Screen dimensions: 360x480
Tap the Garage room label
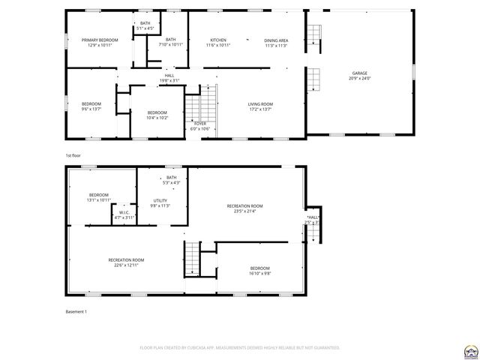click(359, 76)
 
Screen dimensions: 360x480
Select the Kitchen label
click(217, 42)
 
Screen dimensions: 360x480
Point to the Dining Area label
click(276, 42)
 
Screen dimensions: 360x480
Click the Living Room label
click(260, 106)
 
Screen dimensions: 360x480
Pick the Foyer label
click(200, 125)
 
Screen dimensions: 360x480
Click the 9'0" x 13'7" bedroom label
click(91, 106)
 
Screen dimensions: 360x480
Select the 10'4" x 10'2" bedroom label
click(157, 115)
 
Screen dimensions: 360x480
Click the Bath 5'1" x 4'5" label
click(145, 26)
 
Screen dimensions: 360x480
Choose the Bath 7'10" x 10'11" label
click(171, 42)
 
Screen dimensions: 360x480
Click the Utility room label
click(160, 202)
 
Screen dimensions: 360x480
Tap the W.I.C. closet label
click(124, 214)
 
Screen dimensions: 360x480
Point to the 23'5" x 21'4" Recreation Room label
click(245, 208)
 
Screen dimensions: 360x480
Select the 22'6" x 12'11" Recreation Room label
click(125, 262)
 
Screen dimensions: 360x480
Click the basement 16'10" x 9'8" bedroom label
click(260, 271)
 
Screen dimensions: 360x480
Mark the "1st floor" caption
click(72, 154)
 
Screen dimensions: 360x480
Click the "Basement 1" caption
click(76, 312)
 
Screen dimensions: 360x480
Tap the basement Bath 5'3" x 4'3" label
click(171, 180)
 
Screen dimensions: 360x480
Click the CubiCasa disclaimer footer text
click(240, 348)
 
